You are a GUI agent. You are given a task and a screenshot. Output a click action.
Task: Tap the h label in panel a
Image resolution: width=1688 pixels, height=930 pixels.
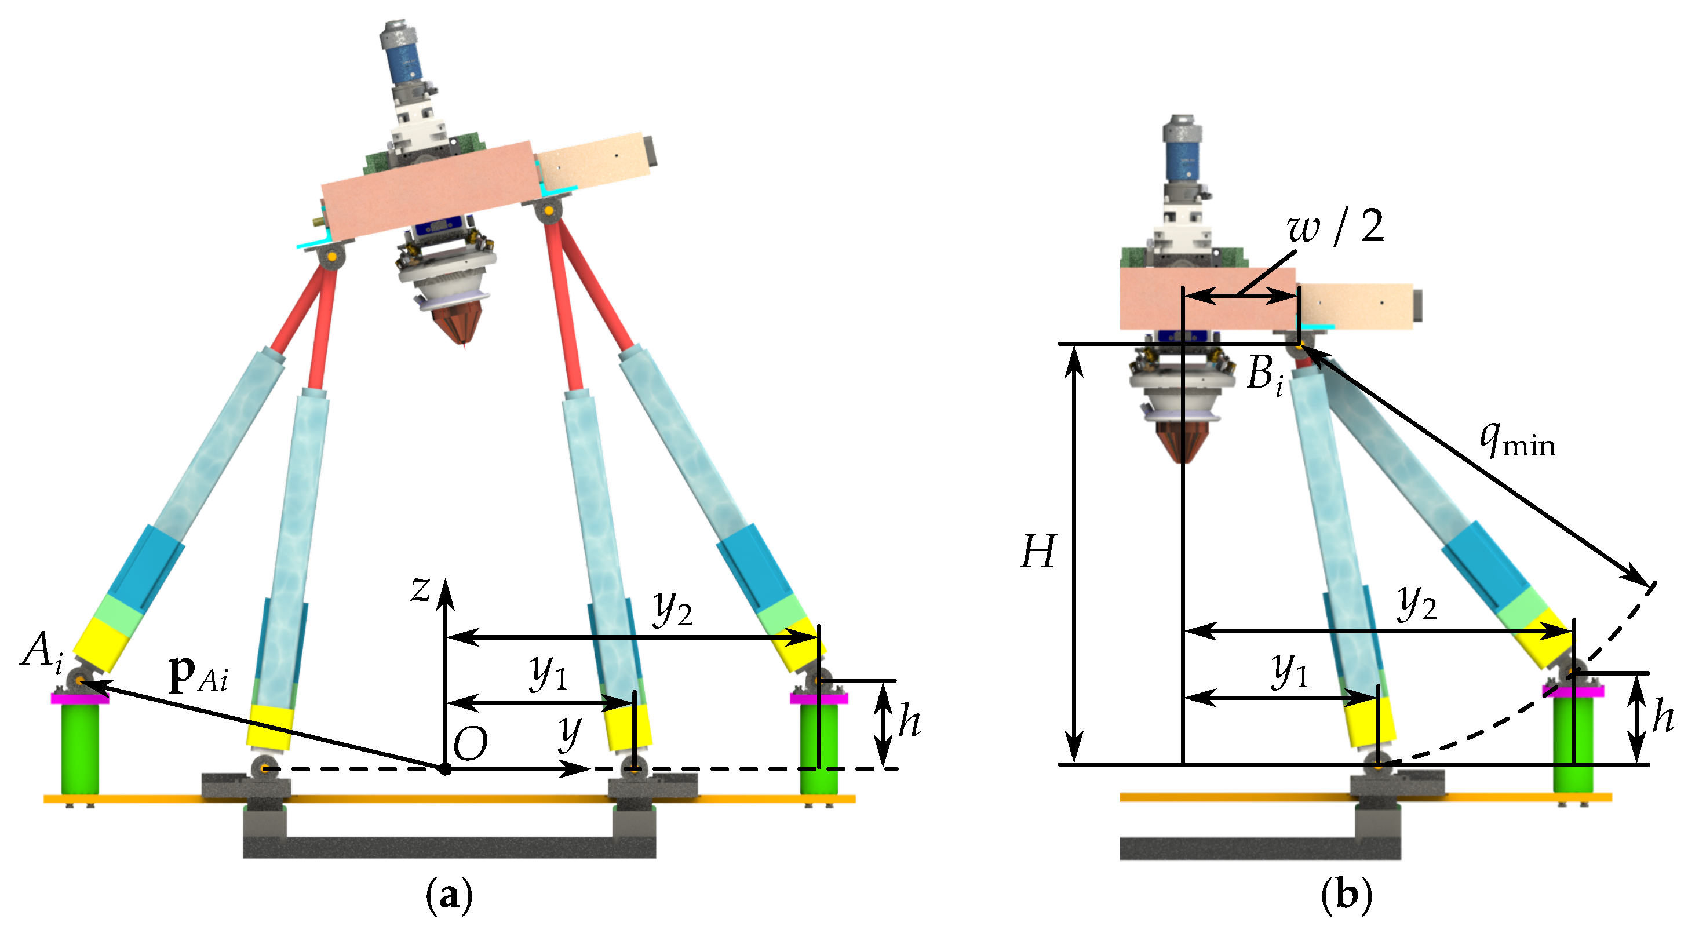pyautogui.click(x=910, y=720)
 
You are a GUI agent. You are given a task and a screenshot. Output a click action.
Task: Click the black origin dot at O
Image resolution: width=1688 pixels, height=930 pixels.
pyautogui.click(x=445, y=769)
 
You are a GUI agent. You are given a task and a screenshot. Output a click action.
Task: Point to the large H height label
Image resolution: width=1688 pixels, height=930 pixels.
pyautogui.click(x=1038, y=552)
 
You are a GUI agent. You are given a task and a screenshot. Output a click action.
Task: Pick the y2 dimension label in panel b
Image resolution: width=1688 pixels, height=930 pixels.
pyautogui.click(x=1417, y=603)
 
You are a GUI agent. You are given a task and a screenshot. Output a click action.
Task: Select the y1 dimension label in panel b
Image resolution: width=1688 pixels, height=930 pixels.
pyautogui.click(x=1289, y=670)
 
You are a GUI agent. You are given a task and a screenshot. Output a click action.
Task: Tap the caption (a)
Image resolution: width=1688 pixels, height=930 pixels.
pyautogui.click(x=449, y=895)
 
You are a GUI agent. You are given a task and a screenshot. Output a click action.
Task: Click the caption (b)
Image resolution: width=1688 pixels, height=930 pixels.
pyautogui.click(x=1346, y=895)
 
